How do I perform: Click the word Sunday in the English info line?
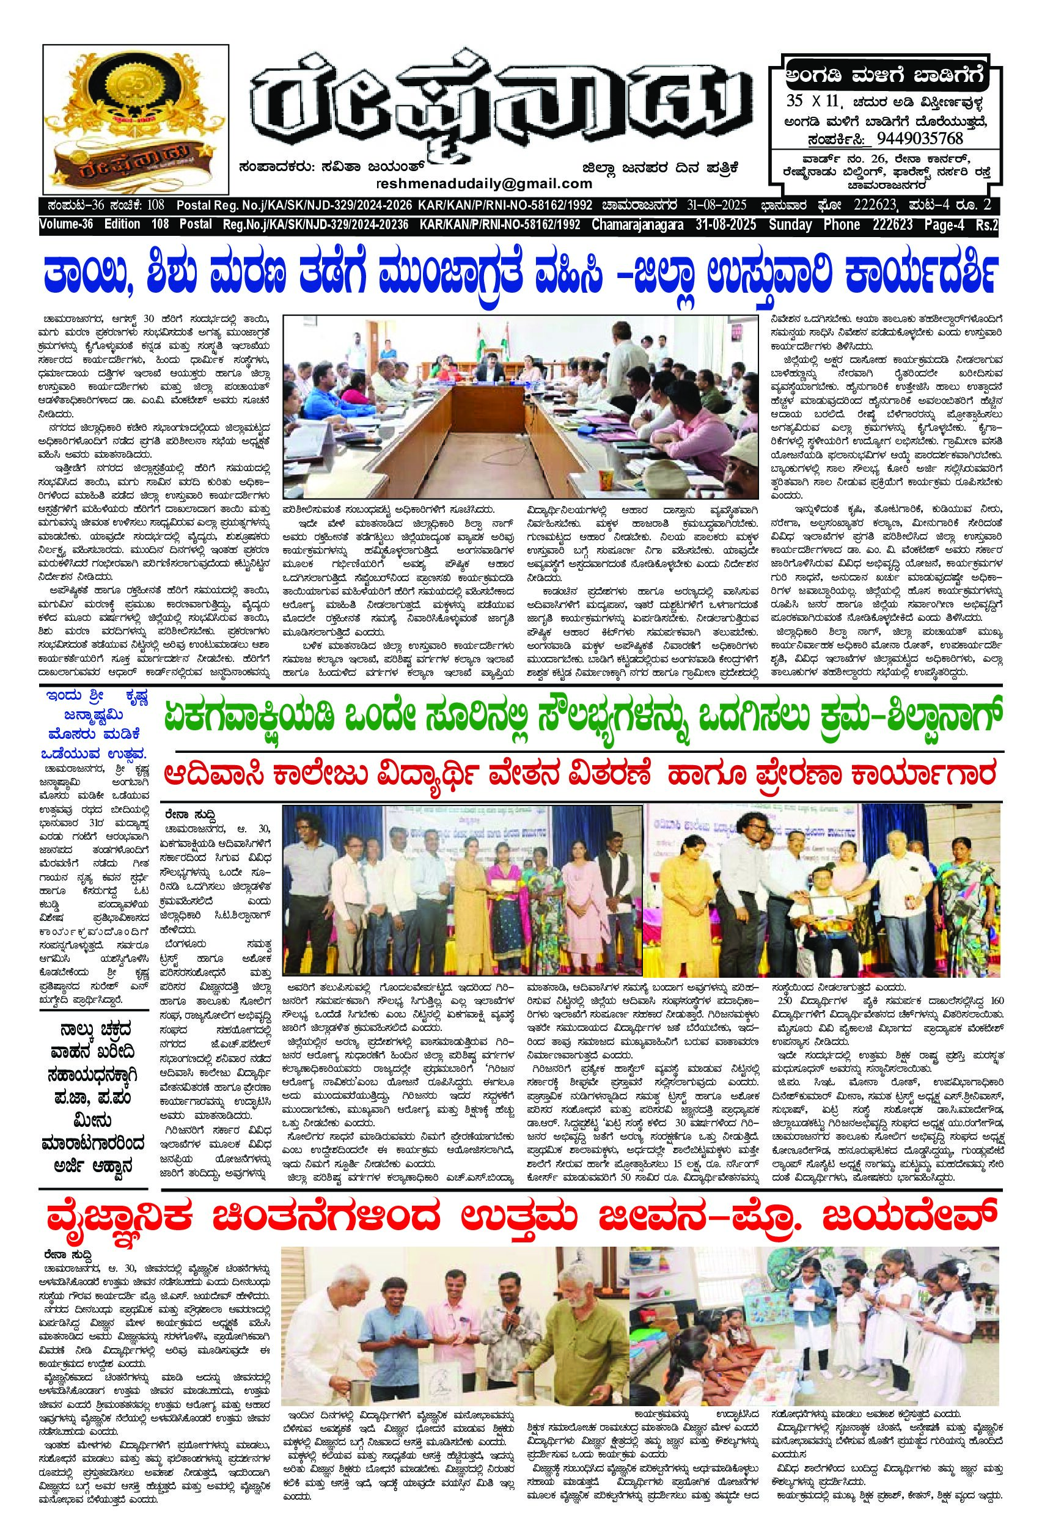coord(790,226)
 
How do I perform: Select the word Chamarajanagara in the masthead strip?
coord(635,226)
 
